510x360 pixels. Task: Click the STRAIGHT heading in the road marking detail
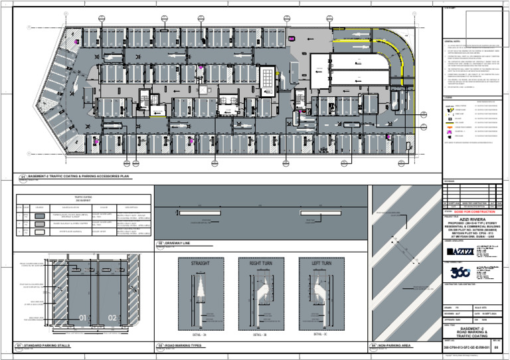201,264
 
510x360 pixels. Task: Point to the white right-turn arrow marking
263,292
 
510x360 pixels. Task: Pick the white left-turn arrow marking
320,292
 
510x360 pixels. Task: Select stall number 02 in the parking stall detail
112,317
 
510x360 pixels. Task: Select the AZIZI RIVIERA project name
473,221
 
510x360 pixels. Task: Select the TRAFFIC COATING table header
83,197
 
